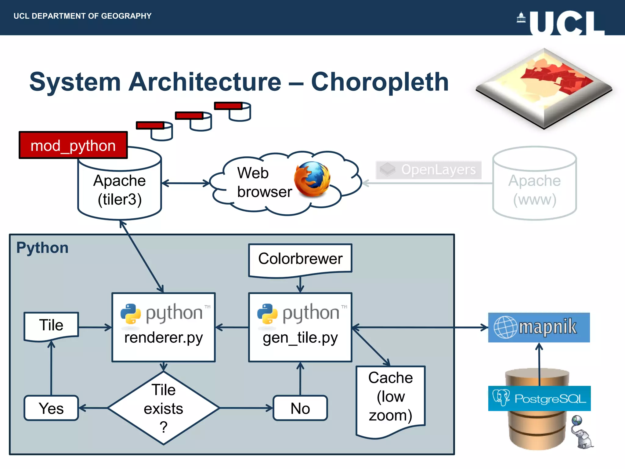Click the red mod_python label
tap(73, 145)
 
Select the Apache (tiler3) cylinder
tap(120, 189)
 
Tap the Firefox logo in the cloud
tap(312, 180)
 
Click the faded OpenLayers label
tap(428, 170)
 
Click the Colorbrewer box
tap(300, 259)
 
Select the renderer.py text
tap(164, 338)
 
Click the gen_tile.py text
tap(300, 338)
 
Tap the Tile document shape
tap(51, 325)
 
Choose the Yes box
tap(51, 408)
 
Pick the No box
tap(300, 408)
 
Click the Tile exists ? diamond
tap(164, 408)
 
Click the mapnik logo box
tap(539, 327)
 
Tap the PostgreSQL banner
tap(539, 398)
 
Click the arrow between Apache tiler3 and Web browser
tap(186, 183)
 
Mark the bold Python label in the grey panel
tap(42, 248)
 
